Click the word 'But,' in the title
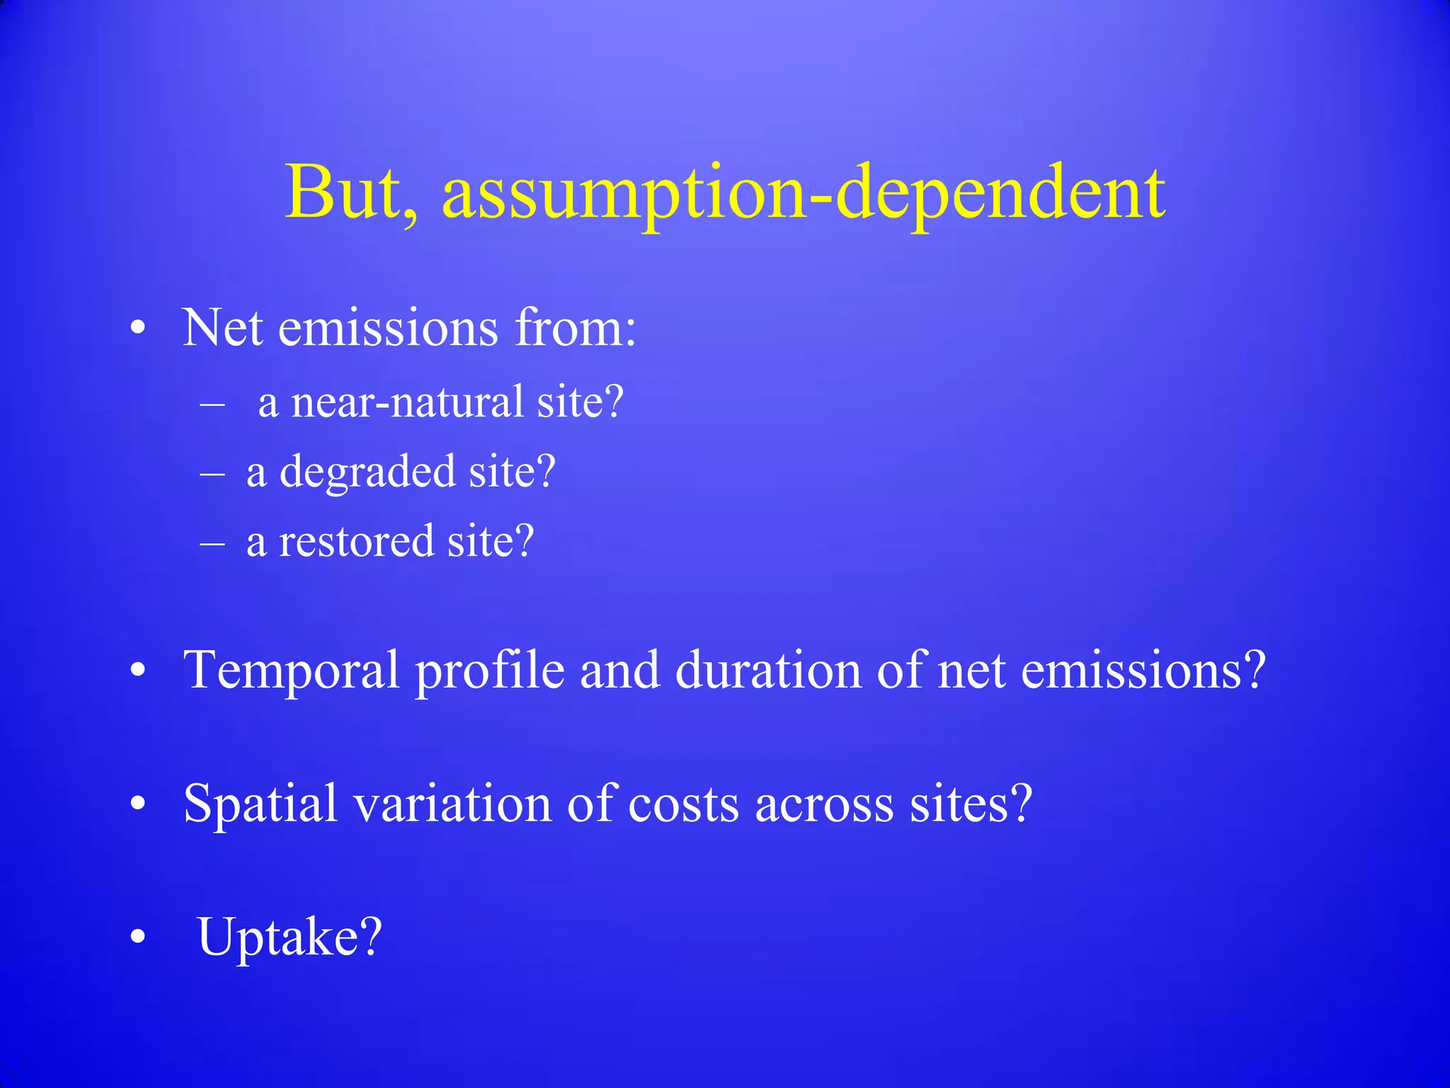coord(352,193)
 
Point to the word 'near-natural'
coord(407,402)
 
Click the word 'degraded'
coord(367,472)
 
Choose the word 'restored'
coord(356,541)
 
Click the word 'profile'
coord(490,670)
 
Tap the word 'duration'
coord(767,670)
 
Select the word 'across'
coord(824,804)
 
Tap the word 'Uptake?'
coord(290,937)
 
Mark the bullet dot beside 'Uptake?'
coord(138,937)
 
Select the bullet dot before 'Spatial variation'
coord(138,805)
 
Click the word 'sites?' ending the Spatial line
coord(971,804)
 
